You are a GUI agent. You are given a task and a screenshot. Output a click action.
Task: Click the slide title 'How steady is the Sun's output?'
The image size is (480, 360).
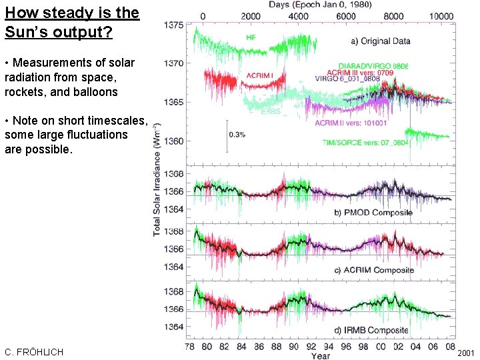71,22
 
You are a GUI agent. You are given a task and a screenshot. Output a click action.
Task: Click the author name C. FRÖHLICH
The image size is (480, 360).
34,351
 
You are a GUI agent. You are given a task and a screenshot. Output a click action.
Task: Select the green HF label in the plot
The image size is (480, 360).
251,37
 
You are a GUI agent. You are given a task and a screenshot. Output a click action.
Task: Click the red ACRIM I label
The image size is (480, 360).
260,75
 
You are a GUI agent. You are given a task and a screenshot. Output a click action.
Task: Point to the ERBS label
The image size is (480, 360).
270,111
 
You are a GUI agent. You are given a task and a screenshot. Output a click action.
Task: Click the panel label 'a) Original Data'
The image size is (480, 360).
381,41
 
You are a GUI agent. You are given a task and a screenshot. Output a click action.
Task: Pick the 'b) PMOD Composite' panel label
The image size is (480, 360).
373,213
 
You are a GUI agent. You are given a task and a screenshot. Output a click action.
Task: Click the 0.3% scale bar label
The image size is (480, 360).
237,134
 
